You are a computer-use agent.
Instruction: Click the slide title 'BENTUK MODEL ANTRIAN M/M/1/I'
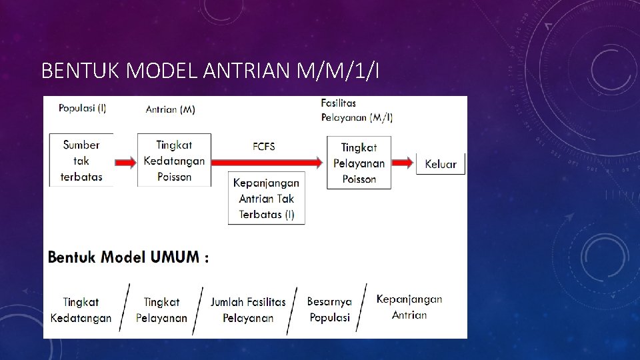tap(210, 69)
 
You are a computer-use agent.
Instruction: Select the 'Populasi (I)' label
tap(82, 109)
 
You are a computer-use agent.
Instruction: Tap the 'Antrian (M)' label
tap(171, 109)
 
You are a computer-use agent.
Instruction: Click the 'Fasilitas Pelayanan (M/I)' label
tap(357, 111)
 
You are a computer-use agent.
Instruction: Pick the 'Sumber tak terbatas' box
tap(81, 161)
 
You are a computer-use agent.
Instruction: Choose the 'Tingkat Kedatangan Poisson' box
tap(174, 161)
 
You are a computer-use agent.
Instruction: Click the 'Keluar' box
tap(441, 164)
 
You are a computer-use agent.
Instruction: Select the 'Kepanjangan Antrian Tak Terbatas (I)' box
tap(267, 199)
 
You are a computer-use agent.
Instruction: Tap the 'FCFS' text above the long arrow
tap(264, 147)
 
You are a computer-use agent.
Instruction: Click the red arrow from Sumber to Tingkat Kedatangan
tap(125, 163)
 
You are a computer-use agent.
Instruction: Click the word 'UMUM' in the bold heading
tap(174, 257)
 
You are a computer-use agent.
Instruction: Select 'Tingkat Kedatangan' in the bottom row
tap(81, 310)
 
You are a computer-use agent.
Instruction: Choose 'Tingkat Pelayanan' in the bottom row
tap(162, 310)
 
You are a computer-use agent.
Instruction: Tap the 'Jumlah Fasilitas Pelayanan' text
tap(248, 310)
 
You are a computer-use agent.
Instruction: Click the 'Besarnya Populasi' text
tap(329, 309)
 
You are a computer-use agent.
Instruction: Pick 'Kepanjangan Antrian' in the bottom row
tap(409, 307)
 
